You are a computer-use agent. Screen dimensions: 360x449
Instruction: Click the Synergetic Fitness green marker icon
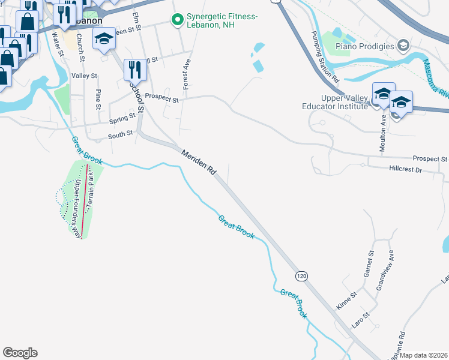coord(177,20)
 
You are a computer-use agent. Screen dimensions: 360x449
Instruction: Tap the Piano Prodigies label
coord(364,46)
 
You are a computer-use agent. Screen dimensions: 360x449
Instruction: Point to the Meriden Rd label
coord(199,162)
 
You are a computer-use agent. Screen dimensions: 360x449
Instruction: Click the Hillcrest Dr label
coord(406,170)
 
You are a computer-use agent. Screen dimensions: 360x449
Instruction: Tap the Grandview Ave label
coord(385,270)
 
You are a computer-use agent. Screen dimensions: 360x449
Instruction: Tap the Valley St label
coord(84,76)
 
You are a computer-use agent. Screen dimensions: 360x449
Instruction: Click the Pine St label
coord(98,100)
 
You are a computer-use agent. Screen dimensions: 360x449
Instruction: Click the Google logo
coord(20,353)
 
